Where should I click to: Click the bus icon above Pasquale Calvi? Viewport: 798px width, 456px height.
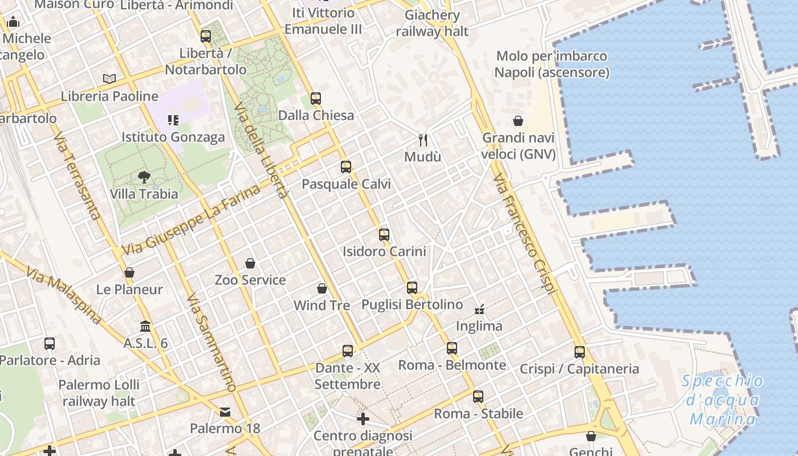(346, 167)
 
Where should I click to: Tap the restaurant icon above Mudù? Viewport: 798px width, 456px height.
(423, 140)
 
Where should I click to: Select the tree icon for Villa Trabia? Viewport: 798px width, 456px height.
(144, 177)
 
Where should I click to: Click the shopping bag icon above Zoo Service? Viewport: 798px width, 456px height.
(250, 263)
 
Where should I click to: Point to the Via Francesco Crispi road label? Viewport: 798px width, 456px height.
(524, 234)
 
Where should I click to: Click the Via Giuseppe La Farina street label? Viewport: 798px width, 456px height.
(191, 219)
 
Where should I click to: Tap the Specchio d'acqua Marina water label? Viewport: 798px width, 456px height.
(722, 400)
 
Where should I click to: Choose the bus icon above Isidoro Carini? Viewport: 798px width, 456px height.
(384, 234)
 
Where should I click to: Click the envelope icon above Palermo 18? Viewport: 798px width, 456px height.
(225, 412)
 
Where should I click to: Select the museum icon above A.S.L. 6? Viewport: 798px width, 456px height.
(145, 327)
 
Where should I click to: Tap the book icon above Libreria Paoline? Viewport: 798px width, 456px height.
(109, 79)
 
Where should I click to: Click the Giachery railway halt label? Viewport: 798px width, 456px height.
(432, 23)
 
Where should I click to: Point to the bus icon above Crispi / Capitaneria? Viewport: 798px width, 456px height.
(580, 352)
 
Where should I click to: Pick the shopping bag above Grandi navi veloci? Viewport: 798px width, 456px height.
(518, 121)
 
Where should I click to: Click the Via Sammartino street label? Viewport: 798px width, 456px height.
(211, 343)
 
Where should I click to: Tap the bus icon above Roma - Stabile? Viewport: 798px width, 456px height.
(478, 396)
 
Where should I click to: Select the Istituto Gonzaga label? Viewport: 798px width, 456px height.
(173, 137)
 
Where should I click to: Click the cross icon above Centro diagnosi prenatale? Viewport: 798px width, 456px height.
(363, 420)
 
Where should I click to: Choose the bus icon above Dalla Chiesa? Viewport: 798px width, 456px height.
(316, 98)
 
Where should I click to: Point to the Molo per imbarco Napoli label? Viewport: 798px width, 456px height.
(552, 64)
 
